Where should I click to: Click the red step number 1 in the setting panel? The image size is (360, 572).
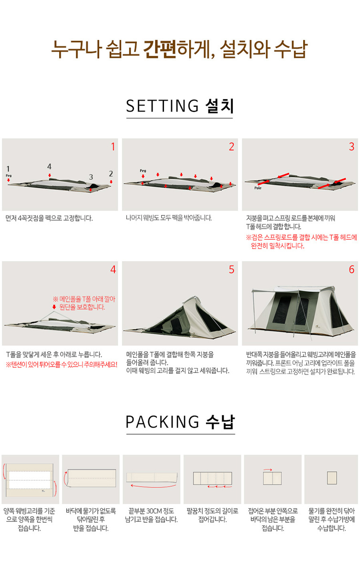113,147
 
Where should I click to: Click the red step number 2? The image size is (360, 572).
231,147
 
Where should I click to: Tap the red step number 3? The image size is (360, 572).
351,147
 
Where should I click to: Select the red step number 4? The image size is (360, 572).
113,270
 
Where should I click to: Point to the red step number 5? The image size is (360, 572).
231,270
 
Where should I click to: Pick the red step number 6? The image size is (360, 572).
351,270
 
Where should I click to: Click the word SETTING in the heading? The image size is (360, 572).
163,106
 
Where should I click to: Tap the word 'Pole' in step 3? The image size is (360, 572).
258,188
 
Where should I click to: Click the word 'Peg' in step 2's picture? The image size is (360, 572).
143,171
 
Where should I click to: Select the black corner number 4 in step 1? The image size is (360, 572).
49,166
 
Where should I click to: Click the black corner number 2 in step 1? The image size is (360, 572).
111,174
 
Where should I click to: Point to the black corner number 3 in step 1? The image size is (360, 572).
91,177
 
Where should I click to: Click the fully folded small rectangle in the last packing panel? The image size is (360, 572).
332,478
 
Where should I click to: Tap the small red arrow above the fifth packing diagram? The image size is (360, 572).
268,470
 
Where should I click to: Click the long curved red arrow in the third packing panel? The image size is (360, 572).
154,486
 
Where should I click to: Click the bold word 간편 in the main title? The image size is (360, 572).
160,49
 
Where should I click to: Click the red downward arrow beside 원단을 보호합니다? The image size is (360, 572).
54,306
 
